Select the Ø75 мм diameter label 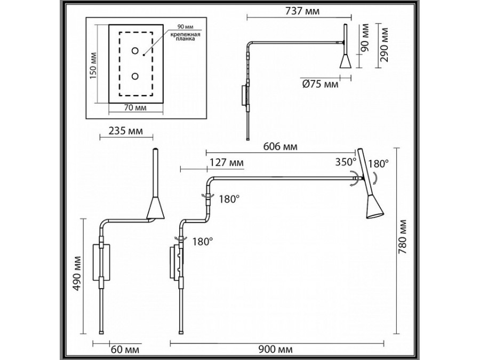pos(320,84)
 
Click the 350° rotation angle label pos(345,162)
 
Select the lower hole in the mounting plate pos(135,76)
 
